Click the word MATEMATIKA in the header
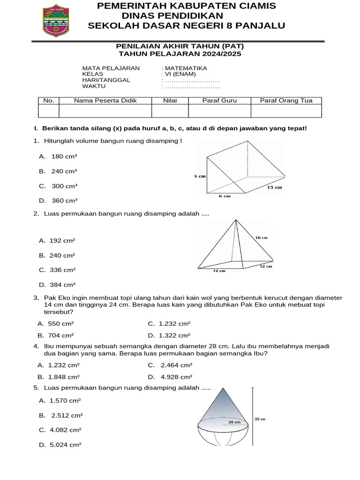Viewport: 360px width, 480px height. click(x=186, y=68)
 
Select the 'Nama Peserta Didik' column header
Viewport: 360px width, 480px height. click(x=105, y=100)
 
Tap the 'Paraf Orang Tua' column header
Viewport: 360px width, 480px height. click(x=286, y=100)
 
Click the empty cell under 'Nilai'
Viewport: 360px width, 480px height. click(x=170, y=111)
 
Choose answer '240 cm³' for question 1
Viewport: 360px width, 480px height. click(x=64, y=171)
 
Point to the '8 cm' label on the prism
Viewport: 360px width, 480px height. click(x=200, y=176)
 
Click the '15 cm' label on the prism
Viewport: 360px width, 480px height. click(x=274, y=187)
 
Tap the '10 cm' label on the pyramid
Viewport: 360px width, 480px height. click(x=261, y=238)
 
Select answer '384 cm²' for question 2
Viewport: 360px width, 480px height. click(x=62, y=285)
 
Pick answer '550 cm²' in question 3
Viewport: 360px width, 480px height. click(x=61, y=323)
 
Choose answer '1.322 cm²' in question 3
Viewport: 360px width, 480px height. click(x=174, y=335)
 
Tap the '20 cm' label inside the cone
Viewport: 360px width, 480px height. click(x=234, y=422)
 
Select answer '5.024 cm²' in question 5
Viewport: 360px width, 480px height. click(x=65, y=444)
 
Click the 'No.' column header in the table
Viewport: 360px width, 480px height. click(x=48, y=100)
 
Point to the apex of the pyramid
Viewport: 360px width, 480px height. click(x=236, y=220)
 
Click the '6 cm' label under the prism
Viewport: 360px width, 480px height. click(x=225, y=196)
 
